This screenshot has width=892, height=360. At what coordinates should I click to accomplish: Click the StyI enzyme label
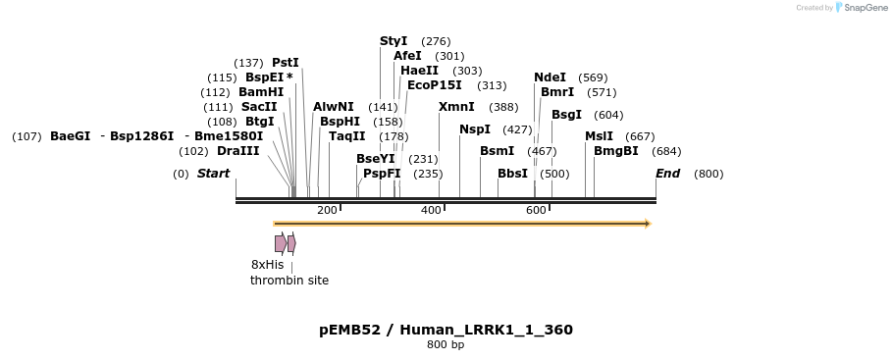(394, 41)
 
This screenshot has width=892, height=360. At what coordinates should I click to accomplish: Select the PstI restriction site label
(285, 63)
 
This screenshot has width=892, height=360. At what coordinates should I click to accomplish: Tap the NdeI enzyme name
(550, 77)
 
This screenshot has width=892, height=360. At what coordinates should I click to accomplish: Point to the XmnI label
(456, 107)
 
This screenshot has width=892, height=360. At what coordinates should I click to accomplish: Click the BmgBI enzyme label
(615, 151)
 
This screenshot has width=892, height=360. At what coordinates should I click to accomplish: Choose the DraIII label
(238, 151)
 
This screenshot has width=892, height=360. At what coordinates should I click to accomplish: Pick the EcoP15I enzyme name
(434, 85)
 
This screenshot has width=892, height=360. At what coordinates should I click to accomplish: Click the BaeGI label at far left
(70, 136)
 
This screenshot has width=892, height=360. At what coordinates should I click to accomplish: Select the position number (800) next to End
(708, 174)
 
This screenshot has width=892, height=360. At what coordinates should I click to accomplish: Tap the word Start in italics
(213, 174)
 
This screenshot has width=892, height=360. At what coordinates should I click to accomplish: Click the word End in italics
(667, 174)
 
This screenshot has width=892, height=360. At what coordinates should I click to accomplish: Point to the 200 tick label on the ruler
(327, 210)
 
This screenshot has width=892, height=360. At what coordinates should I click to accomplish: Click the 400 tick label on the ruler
(431, 210)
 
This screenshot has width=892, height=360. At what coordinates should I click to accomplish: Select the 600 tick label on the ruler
(536, 210)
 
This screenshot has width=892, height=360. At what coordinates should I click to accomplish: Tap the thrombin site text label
(289, 281)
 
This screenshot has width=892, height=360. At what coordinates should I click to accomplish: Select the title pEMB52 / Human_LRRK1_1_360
(446, 330)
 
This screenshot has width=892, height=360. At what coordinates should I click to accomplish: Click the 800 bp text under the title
(446, 345)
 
